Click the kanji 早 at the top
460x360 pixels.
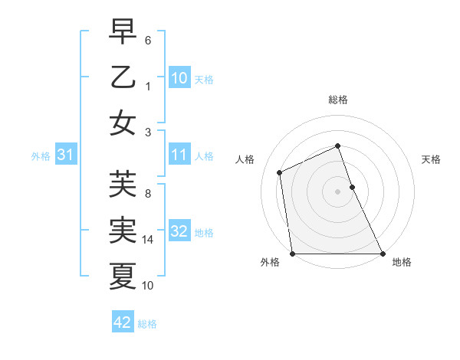(123, 33)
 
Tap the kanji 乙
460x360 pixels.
(123, 77)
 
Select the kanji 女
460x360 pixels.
(123, 123)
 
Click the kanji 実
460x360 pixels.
(123, 231)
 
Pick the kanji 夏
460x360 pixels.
(123, 276)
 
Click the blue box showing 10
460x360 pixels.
(179, 77)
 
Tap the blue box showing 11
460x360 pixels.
(179, 155)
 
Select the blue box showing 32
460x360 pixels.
(179, 231)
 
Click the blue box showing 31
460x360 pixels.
(66, 155)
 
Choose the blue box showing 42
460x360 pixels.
(123, 322)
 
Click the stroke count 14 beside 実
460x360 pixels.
(149, 240)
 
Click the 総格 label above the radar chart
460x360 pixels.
(338, 100)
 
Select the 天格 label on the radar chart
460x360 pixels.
(431, 160)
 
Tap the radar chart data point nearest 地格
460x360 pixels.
(382, 254)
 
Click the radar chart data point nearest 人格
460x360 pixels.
(280, 172)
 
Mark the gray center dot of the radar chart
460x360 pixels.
(338, 191)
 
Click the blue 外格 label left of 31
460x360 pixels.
(41, 155)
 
